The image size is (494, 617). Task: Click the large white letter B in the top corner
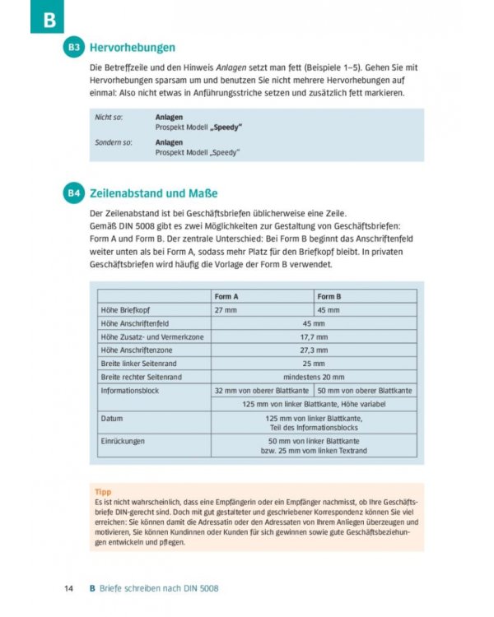(47, 17)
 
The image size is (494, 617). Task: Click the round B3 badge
(74, 48)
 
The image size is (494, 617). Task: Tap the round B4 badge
(74, 194)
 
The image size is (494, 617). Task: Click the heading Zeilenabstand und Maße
(153, 194)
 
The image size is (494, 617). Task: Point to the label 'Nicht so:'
(109, 118)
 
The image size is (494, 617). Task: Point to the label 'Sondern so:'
(113, 143)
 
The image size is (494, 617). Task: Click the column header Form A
(226, 296)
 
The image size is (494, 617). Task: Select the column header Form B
(329, 296)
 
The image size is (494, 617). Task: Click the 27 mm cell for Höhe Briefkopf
(226, 310)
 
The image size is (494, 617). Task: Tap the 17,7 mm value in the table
(314, 336)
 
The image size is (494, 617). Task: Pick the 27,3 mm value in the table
(314, 350)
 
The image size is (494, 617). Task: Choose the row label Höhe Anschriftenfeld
(134, 323)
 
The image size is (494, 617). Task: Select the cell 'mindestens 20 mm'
(314, 376)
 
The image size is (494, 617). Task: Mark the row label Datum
(112, 418)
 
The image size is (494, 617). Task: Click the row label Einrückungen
(123, 441)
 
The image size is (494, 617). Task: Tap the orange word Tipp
(103, 491)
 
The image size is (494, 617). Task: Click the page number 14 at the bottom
(70, 589)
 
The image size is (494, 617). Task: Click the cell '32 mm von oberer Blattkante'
(263, 390)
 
